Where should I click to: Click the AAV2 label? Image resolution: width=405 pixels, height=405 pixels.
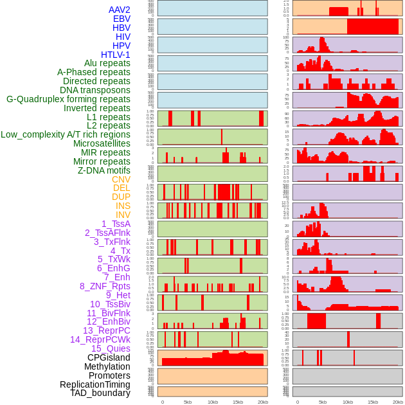pyautogui.click(x=120, y=10)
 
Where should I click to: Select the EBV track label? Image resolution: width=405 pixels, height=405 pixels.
pyautogui.click(x=122, y=19)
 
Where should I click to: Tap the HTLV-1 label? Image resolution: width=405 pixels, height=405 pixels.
pyautogui.click(x=116, y=55)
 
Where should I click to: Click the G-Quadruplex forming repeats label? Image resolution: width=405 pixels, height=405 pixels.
pyautogui.click(x=68, y=99)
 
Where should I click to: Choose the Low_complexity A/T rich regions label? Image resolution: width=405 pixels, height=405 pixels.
pyautogui.click(x=66, y=134)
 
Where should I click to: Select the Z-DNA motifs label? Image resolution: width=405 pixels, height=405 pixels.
pyautogui.click(x=104, y=170)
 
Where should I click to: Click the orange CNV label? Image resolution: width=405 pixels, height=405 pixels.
pyautogui.click(x=121, y=179)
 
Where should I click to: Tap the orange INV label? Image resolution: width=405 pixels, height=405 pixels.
pyautogui.click(x=123, y=215)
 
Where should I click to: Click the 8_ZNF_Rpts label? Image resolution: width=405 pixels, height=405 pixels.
pyautogui.click(x=105, y=286)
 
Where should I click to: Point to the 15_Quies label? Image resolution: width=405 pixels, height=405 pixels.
pyautogui.click(x=111, y=348)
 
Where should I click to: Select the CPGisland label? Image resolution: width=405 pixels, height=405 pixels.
pyautogui.click(x=109, y=357)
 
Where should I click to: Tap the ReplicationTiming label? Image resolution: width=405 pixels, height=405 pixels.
pyautogui.click(x=95, y=384)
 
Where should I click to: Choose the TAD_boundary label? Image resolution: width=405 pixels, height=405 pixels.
pyautogui.click(x=100, y=393)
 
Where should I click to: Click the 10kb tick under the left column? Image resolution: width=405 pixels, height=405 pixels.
pyautogui.click(x=213, y=402)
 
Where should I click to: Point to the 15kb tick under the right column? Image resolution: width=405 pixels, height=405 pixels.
pyautogui.click(x=373, y=402)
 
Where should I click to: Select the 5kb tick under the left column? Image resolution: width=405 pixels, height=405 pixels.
pyautogui.click(x=188, y=402)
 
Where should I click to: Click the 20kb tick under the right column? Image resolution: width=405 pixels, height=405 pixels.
pyautogui.click(x=398, y=402)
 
